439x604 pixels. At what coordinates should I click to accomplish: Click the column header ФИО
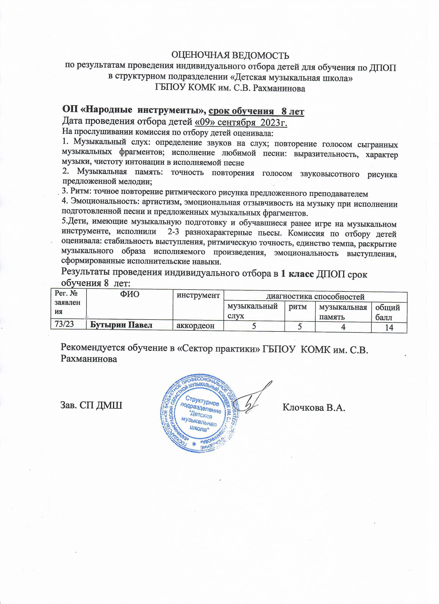click(x=130, y=295)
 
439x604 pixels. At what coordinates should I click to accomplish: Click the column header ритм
click(x=300, y=307)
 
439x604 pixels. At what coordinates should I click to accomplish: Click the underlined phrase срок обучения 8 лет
click(x=256, y=111)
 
